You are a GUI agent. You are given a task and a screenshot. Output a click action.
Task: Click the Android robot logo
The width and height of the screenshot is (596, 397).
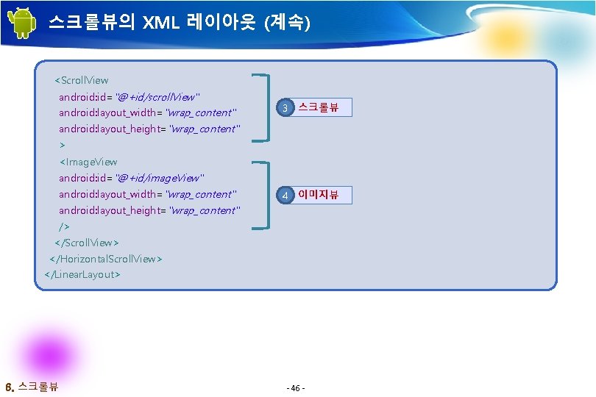coord(24,23)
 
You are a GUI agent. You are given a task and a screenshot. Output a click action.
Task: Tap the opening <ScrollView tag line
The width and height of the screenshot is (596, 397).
coord(82,80)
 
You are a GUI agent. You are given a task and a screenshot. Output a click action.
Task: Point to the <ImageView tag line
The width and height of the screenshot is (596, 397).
coord(88,162)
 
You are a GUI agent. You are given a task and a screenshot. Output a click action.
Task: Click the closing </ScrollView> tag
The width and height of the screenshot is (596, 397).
coord(87,243)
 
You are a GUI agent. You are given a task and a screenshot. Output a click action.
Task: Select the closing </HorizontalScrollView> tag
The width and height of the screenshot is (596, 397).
coord(106,259)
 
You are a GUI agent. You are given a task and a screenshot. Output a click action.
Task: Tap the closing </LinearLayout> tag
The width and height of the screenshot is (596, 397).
coord(82,275)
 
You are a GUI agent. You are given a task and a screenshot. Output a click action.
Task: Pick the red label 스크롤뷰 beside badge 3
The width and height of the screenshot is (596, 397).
coord(318,108)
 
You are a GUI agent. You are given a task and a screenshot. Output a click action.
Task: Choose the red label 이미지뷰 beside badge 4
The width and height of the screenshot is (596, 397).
coord(318,195)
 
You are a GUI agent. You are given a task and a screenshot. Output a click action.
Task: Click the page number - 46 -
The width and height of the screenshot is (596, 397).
coord(297,387)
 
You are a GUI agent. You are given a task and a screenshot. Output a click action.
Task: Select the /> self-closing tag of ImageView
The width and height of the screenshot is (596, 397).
coord(65,226)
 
